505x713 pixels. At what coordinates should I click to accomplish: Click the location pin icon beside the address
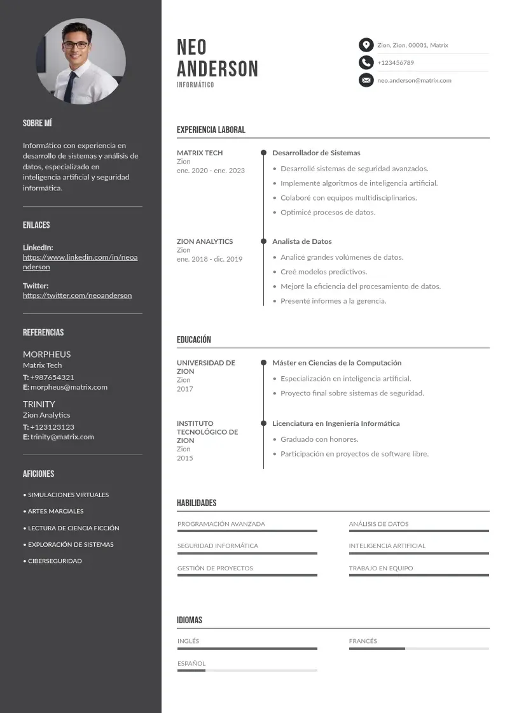pyautogui.click(x=366, y=45)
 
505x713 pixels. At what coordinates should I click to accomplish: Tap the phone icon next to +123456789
pyautogui.click(x=366, y=62)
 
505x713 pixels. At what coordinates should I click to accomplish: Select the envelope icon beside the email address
pyautogui.click(x=366, y=80)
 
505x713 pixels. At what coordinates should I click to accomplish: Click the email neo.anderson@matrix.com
pyautogui.click(x=414, y=80)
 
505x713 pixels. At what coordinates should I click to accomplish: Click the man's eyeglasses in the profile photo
pyautogui.click(x=76, y=45)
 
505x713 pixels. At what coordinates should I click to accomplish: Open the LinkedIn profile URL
pyautogui.click(x=80, y=262)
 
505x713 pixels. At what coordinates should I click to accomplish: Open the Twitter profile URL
pyautogui.click(x=78, y=295)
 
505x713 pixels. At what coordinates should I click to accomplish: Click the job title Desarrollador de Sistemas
pyautogui.click(x=316, y=153)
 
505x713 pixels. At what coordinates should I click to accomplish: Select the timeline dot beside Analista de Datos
pyautogui.click(x=263, y=241)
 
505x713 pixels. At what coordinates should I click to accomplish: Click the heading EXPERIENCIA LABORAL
pyautogui.click(x=211, y=130)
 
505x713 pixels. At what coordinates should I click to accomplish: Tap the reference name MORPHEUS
pyautogui.click(x=47, y=354)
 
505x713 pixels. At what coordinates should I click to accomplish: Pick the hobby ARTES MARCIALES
pyautogui.click(x=55, y=511)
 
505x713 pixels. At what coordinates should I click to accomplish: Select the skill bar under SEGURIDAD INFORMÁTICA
pyautogui.click(x=247, y=553)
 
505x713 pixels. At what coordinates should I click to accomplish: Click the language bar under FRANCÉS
pyautogui.click(x=419, y=648)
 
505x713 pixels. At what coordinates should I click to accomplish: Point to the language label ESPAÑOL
pyautogui.click(x=191, y=663)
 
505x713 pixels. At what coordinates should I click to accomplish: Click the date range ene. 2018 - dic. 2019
pyautogui.click(x=209, y=259)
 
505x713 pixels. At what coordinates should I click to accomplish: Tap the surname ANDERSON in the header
pyautogui.click(x=218, y=69)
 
